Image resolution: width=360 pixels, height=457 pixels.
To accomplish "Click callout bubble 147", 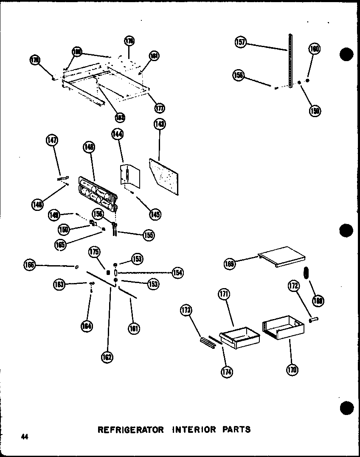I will click(x=53, y=140).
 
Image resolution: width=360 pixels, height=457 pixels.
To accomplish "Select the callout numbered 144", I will click(x=117, y=134).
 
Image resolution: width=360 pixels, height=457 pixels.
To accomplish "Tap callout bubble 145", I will click(x=155, y=214).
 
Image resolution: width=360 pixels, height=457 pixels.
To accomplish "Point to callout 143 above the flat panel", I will click(x=160, y=124).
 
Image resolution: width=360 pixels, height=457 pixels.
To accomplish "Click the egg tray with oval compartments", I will click(x=97, y=194).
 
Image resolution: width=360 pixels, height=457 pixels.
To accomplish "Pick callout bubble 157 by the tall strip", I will click(x=241, y=42).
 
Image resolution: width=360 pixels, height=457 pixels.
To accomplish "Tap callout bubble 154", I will click(x=177, y=272).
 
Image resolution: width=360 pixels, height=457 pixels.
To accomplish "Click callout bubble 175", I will click(x=94, y=252).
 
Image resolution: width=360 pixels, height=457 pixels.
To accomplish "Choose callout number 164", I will click(x=87, y=326).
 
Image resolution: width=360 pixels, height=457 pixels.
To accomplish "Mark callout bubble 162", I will click(x=107, y=357).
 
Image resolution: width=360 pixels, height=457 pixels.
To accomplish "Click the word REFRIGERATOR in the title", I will click(x=130, y=429).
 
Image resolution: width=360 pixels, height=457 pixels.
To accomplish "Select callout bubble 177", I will click(x=160, y=108).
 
